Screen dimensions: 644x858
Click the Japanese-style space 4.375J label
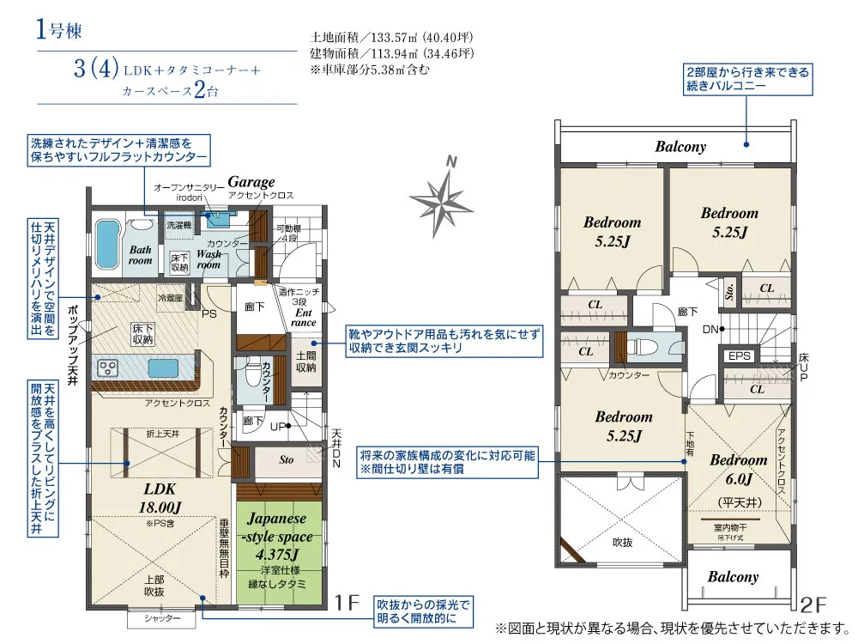pyautogui.click(x=277, y=538)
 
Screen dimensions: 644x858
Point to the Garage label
pyautogui.click(x=251, y=182)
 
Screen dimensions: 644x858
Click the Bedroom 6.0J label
pyautogui.click(x=738, y=469)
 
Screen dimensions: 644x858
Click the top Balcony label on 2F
pyautogui.click(x=680, y=147)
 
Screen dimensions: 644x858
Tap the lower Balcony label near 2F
pyautogui.click(x=733, y=577)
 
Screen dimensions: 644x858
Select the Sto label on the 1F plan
pyautogui.click(x=287, y=459)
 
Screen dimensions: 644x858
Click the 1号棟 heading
pyautogui.click(x=59, y=32)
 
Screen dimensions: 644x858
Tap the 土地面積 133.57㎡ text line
pyautogui.click(x=391, y=38)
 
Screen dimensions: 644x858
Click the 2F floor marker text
pyautogui.click(x=813, y=603)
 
